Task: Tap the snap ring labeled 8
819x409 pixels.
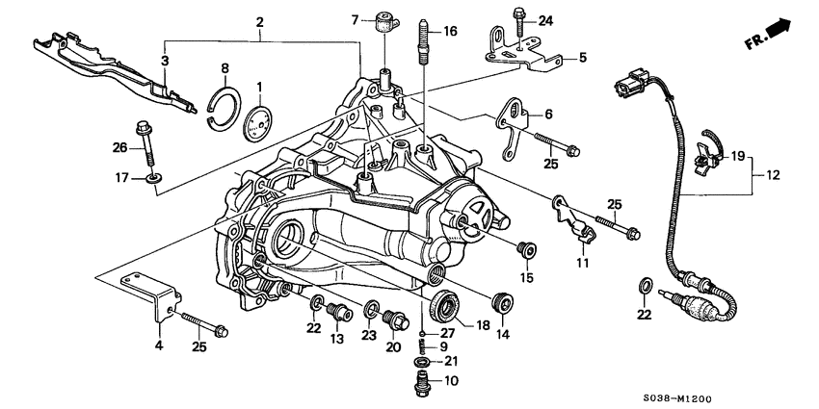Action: click(225, 105)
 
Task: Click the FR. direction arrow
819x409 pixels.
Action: click(770, 35)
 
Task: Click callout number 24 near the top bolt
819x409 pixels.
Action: click(545, 20)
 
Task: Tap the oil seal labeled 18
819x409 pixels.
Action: click(443, 306)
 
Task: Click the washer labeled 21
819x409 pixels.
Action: click(422, 361)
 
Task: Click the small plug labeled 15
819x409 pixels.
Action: click(525, 251)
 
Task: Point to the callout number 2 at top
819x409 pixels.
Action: click(259, 21)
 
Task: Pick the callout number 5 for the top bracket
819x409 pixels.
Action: click(582, 58)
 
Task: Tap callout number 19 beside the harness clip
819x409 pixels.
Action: click(737, 155)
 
